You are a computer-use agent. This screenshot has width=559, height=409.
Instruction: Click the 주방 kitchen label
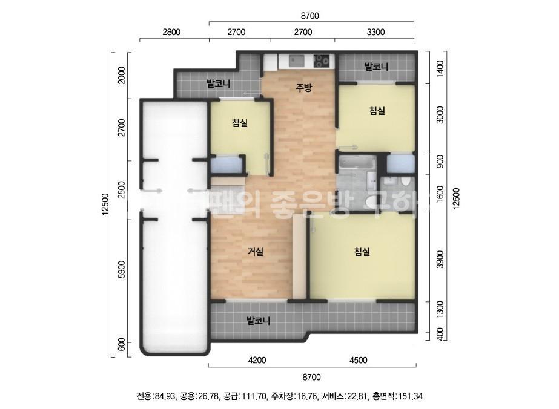pyautogui.click(x=303, y=88)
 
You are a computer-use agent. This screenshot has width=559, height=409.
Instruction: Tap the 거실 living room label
pyautogui.click(x=255, y=252)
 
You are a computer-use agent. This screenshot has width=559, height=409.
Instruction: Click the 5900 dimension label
pyautogui.click(x=122, y=269)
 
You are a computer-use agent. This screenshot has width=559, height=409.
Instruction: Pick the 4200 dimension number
pyautogui.click(x=257, y=361)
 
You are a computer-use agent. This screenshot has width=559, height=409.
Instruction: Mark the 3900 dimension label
pyautogui.click(x=440, y=259)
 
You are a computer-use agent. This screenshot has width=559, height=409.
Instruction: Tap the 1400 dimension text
pyautogui.click(x=440, y=68)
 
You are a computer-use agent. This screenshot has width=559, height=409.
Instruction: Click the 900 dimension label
pyautogui.click(x=440, y=162)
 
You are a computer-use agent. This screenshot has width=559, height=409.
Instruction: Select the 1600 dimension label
pyautogui.click(x=440, y=194)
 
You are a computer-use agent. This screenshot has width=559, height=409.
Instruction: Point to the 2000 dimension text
pyautogui.click(x=122, y=75)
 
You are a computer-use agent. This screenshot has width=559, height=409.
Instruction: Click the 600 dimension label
pyautogui.click(x=122, y=345)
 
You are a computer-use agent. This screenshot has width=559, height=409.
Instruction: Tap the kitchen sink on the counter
pyautogui.click(x=297, y=60)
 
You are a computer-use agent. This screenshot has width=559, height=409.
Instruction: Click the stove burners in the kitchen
pyautogui.click(x=322, y=60)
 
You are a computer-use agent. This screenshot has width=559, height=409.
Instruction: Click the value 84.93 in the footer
pyautogui.click(x=165, y=397)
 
